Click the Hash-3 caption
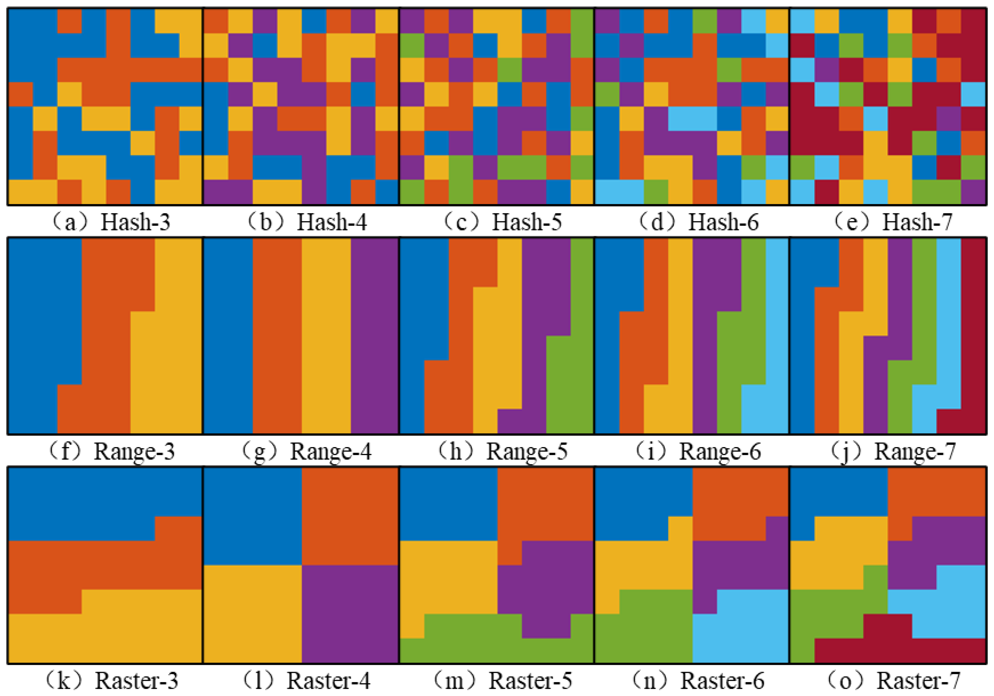click(x=112, y=223)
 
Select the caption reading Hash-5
click(x=502, y=223)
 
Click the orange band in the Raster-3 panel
click(x=104, y=565)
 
